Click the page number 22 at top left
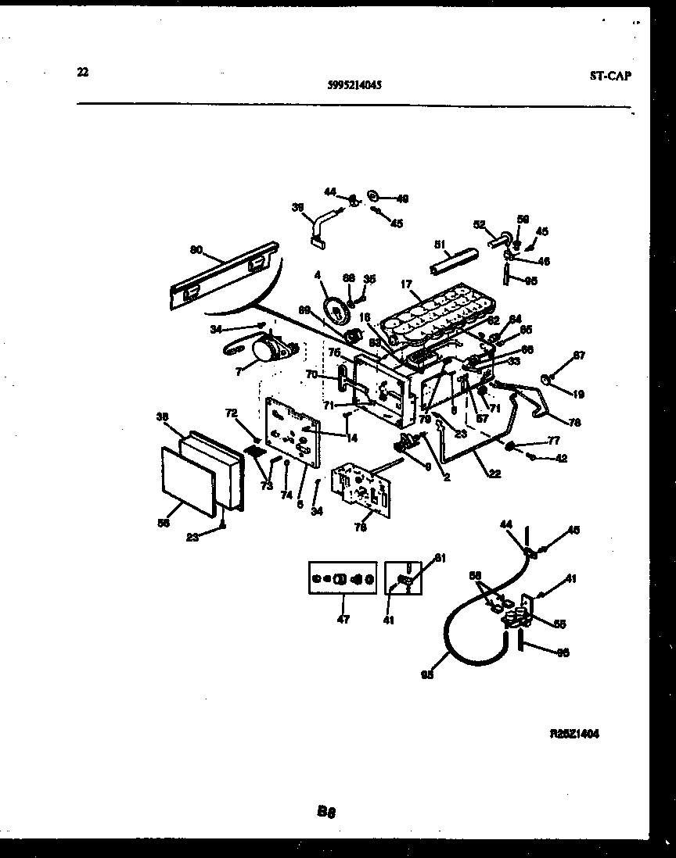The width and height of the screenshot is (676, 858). [x=83, y=73]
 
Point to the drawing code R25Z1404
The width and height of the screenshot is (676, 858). [x=575, y=735]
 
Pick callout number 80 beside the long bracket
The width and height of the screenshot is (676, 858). [x=196, y=250]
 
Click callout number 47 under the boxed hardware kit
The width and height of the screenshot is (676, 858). [x=343, y=619]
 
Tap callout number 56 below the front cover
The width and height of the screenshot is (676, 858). [x=164, y=524]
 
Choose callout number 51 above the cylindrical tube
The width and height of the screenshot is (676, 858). [x=439, y=243]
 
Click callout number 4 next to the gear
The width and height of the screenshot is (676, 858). [x=318, y=274]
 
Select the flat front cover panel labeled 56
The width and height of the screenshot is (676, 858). [x=188, y=481]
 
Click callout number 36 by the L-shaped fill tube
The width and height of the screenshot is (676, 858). [x=298, y=208]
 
